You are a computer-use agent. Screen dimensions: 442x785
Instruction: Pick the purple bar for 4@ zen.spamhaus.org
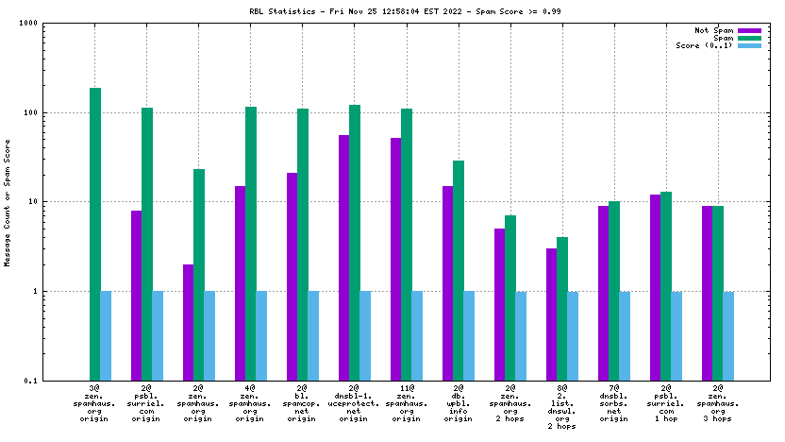pyautogui.click(x=241, y=282)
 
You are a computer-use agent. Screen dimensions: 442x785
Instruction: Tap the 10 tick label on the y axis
pyautogui.click(x=67, y=202)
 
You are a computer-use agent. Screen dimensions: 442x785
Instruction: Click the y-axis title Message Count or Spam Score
pyautogui.click(x=8, y=202)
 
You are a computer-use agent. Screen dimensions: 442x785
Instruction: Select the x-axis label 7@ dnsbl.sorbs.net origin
pyautogui.click(x=614, y=402)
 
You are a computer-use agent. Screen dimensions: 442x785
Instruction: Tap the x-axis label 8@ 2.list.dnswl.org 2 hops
pyautogui.click(x=562, y=406)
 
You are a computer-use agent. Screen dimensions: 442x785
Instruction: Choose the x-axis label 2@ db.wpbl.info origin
pyautogui.click(x=459, y=402)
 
